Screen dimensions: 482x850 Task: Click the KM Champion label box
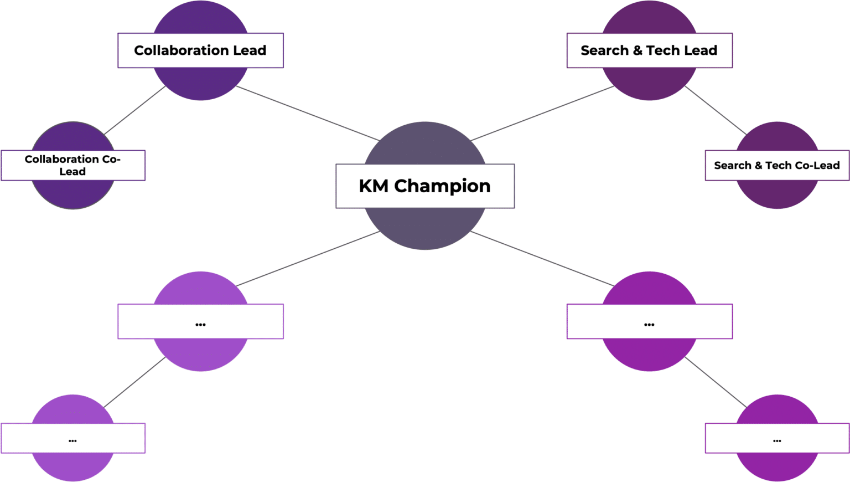click(x=425, y=186)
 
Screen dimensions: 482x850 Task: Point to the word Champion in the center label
click(x=442, y=186)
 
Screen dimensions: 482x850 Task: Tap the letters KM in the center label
click(x=374, y=186)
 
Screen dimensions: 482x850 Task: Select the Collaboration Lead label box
click(x=200, y=50)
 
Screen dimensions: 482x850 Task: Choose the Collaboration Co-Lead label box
click(x=73, y=165)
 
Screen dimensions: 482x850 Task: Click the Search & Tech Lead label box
click(x=649, y=50)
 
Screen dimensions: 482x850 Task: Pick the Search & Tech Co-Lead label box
click(x=777, y=165)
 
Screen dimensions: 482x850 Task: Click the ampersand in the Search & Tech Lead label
click(x=637, y=50)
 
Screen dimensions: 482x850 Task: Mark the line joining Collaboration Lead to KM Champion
click(x=307, y=113)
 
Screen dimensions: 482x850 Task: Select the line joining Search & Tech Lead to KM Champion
click(x=542, y=113)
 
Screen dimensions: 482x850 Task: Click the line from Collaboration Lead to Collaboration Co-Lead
click(x=135, y=110)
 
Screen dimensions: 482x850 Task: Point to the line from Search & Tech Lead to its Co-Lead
click(x=715, y=110)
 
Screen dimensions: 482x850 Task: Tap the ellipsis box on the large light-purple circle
click(x=200, y=321)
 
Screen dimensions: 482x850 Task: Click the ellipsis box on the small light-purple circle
click(x=73, y=438)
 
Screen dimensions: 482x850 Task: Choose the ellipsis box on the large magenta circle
click(x=649, y=321)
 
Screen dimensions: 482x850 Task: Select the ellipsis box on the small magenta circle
click(x=777, y=438)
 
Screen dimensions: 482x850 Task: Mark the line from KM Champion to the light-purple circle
click(x=307, y=259)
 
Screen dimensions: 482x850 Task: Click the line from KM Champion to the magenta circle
click(x=542, y=259)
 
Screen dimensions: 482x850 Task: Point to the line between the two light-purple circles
click(x=135, y=382)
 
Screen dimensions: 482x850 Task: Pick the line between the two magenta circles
click(x=715, y=382)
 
